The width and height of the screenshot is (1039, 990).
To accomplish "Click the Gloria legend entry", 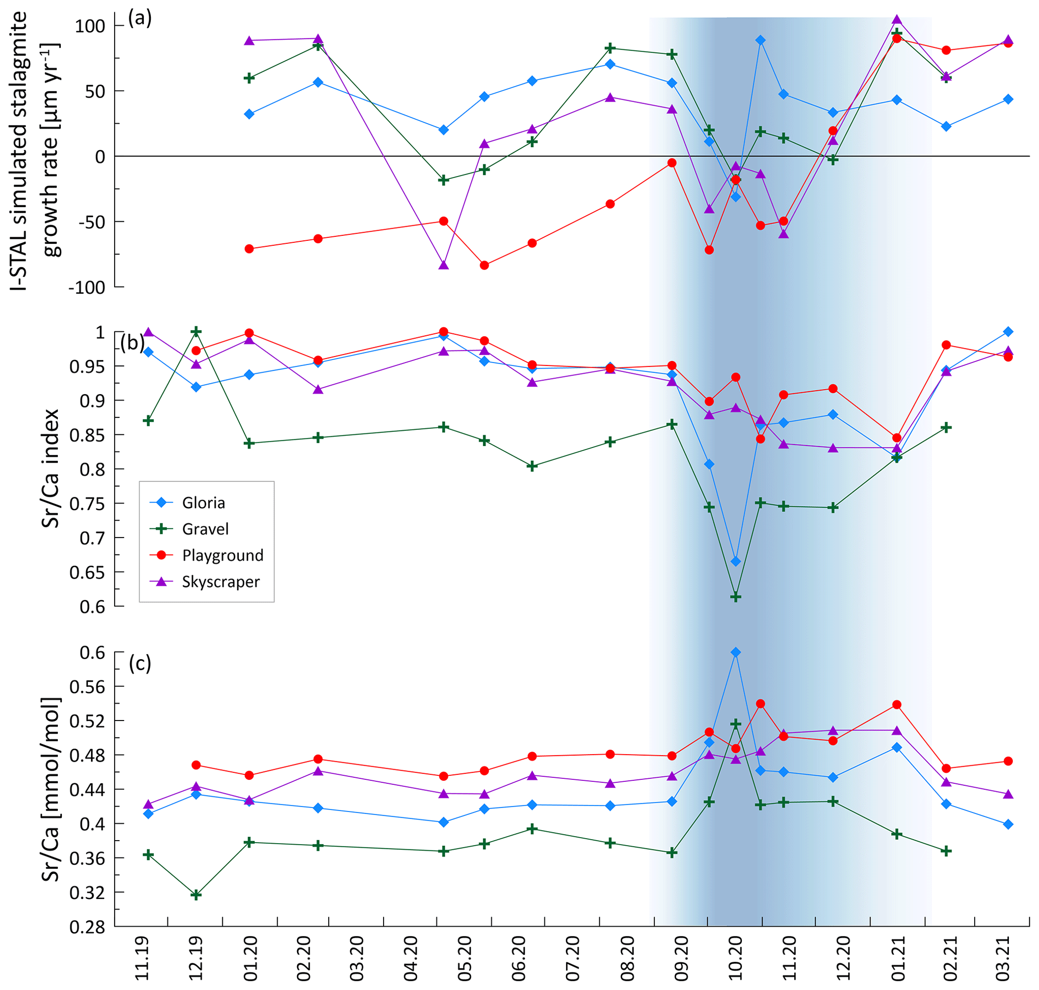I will (203, 502).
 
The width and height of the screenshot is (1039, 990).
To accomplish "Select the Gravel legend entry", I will (205, 529).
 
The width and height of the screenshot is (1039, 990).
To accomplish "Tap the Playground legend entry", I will (222, 555).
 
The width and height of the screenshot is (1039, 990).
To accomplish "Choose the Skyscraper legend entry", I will (221, 582).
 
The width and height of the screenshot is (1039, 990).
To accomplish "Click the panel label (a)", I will (140, 19).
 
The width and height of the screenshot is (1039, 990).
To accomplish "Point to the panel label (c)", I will (140, 663).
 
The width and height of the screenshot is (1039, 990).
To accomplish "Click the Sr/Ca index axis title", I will (51, 468).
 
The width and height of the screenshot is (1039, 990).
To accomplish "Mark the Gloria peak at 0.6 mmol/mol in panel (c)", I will (735, 653).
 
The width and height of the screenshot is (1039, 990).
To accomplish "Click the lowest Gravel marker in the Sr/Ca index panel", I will (735, 597).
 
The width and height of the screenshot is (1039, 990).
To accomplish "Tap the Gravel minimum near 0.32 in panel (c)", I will (196, 895).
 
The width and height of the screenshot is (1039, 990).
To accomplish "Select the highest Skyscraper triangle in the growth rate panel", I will (897, 20).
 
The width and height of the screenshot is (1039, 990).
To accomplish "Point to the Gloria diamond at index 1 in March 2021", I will (1008, 331).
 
